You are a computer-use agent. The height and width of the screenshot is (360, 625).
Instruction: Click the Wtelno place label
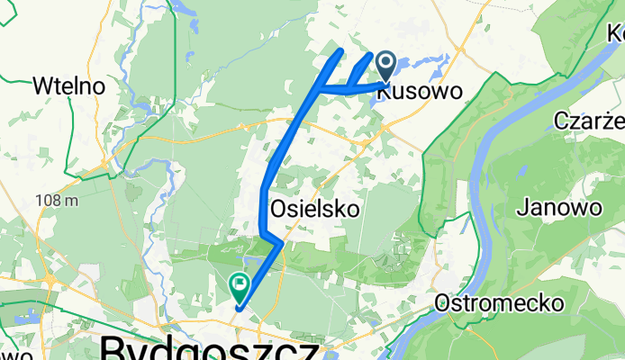coord(68,86)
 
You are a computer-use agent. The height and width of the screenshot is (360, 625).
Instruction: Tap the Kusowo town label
coord(420,91)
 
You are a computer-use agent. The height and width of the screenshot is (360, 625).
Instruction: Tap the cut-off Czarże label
coord(589,121)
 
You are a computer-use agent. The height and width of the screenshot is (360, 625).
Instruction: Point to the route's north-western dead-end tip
coord(340,51)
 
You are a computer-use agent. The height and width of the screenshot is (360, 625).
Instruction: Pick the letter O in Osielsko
coord(279,209)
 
